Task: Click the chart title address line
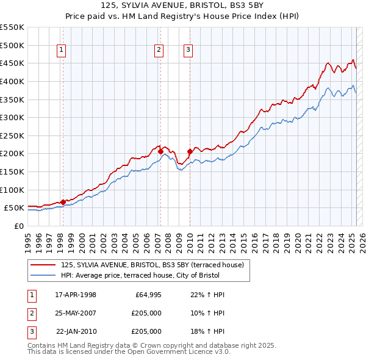coord(183,7)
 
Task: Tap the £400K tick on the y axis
coord(12,81)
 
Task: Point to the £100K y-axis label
coord(12,190)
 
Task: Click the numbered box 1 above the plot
coord(62,51)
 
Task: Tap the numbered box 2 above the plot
coord(159,51)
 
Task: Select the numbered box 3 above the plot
coord(188,51)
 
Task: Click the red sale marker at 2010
coord(189,151)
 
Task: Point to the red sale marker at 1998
coord(63,202)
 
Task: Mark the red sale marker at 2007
coord(160,151)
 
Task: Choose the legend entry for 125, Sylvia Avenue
coord(152,265)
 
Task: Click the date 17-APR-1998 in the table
coord(76,295)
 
